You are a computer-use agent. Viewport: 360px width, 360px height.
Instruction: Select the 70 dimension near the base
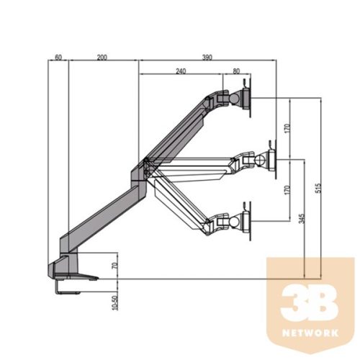pos(114,266)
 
